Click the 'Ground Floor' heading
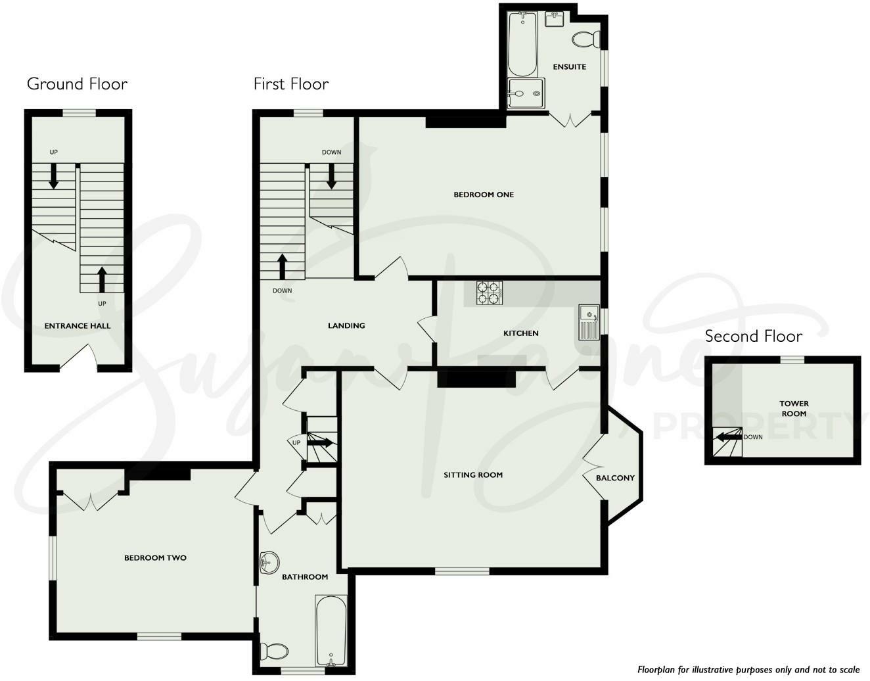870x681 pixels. [77, 84]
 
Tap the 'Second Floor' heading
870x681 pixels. [753, 337]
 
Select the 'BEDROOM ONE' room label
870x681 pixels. [484, 195]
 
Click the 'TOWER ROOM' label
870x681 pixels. [794, 408]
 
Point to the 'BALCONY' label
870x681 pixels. [615, 478]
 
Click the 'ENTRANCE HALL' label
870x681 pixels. [78, 326]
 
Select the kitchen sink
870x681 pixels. [589, 322]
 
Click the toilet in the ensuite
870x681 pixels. [584, 40]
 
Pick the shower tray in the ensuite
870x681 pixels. [526, 93]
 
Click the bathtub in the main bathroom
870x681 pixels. [331, 630]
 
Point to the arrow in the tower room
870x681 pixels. [729, 437]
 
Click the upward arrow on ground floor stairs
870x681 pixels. [102, 279]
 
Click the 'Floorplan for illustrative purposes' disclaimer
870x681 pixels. [748, 669]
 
